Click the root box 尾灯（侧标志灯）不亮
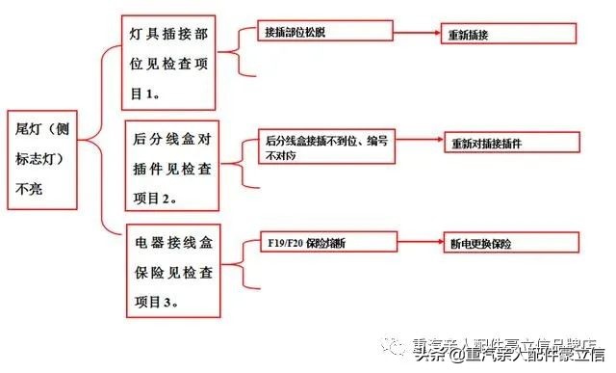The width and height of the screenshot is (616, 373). (x=38, y=159)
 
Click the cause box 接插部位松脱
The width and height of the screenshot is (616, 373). (x=324, y=32)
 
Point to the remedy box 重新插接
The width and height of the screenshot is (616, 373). (x=507, y=34)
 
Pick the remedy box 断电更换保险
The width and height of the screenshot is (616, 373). (x=507, y=243)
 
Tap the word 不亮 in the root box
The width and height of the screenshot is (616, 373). (x=29, y=190)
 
